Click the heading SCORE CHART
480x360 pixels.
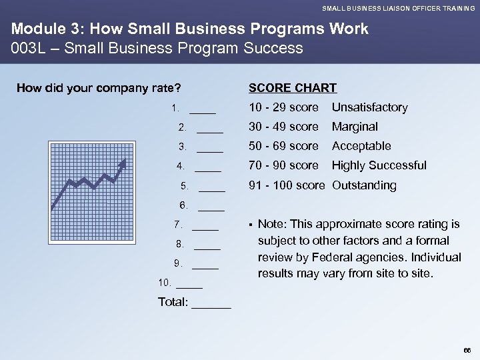[292, 87]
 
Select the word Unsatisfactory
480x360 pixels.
[369, 107]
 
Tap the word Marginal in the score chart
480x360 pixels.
[355, 127]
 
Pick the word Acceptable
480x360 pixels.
[361, 146]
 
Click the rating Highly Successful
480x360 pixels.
[379, 165]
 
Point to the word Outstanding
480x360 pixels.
[364, 185]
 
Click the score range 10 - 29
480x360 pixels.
[268, 107]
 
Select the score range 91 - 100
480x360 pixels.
[271, 185]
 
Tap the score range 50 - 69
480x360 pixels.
[268, 146]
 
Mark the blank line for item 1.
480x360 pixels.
[203, 111]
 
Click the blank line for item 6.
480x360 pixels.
[212, 208]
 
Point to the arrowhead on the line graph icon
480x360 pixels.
[122, 164]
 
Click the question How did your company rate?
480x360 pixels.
[99, 87]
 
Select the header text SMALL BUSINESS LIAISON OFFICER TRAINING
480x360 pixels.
[399, 8]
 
